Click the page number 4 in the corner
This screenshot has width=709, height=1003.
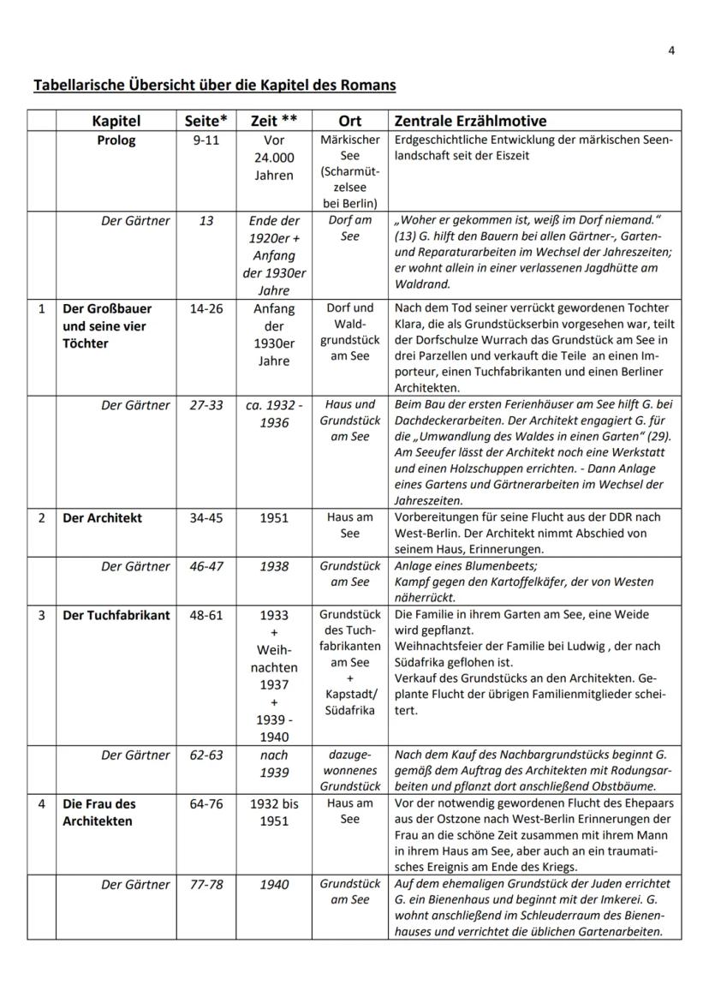tap(671, 51)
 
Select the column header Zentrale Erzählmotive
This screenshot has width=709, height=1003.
tap(469, 121)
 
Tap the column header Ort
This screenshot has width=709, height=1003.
tap(349, 121)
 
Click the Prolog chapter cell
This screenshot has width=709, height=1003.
tap(116, 140)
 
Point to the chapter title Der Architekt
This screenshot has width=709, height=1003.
tap(102, 518)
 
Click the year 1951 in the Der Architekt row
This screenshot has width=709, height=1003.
tap(274, 518)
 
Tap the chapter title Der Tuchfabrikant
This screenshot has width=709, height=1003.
tap(116, 615)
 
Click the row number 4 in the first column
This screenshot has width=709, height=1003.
tap(41, 804)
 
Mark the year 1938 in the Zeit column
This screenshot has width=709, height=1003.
tap(274, 566)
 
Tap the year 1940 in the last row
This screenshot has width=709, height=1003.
tap(274, 884)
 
